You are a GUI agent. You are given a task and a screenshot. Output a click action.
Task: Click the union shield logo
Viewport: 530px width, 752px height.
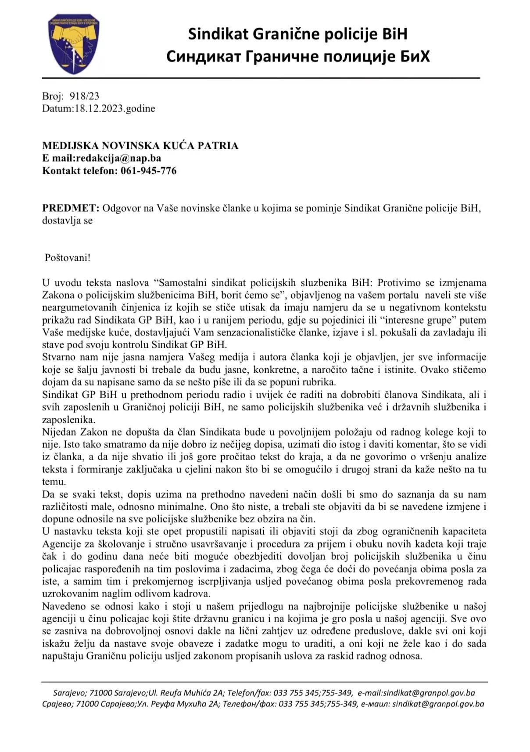(74, 43)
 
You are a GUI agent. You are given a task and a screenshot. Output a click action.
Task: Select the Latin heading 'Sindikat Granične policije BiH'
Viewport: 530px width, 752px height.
(297, 33)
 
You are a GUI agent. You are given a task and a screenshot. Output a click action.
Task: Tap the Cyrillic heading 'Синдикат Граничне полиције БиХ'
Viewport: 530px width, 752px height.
(297, 57)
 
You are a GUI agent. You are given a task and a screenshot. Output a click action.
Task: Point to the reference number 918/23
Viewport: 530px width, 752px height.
(84, 96)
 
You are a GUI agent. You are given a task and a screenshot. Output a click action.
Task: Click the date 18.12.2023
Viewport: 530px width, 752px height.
(99, 108)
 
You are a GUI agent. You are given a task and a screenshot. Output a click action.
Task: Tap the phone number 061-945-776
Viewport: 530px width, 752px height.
(149, 171)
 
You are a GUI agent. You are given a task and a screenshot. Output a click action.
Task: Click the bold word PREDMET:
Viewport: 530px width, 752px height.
(71, 208)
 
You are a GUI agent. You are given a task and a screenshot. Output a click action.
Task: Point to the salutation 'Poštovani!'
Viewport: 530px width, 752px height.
(68, 258)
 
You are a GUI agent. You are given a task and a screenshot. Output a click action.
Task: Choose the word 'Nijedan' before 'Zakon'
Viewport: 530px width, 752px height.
(58, 432)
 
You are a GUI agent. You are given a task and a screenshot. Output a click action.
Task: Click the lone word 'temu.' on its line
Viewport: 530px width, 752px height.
(54, 482)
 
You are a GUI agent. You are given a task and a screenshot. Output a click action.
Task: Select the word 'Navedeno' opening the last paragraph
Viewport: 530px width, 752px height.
(61, 606)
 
